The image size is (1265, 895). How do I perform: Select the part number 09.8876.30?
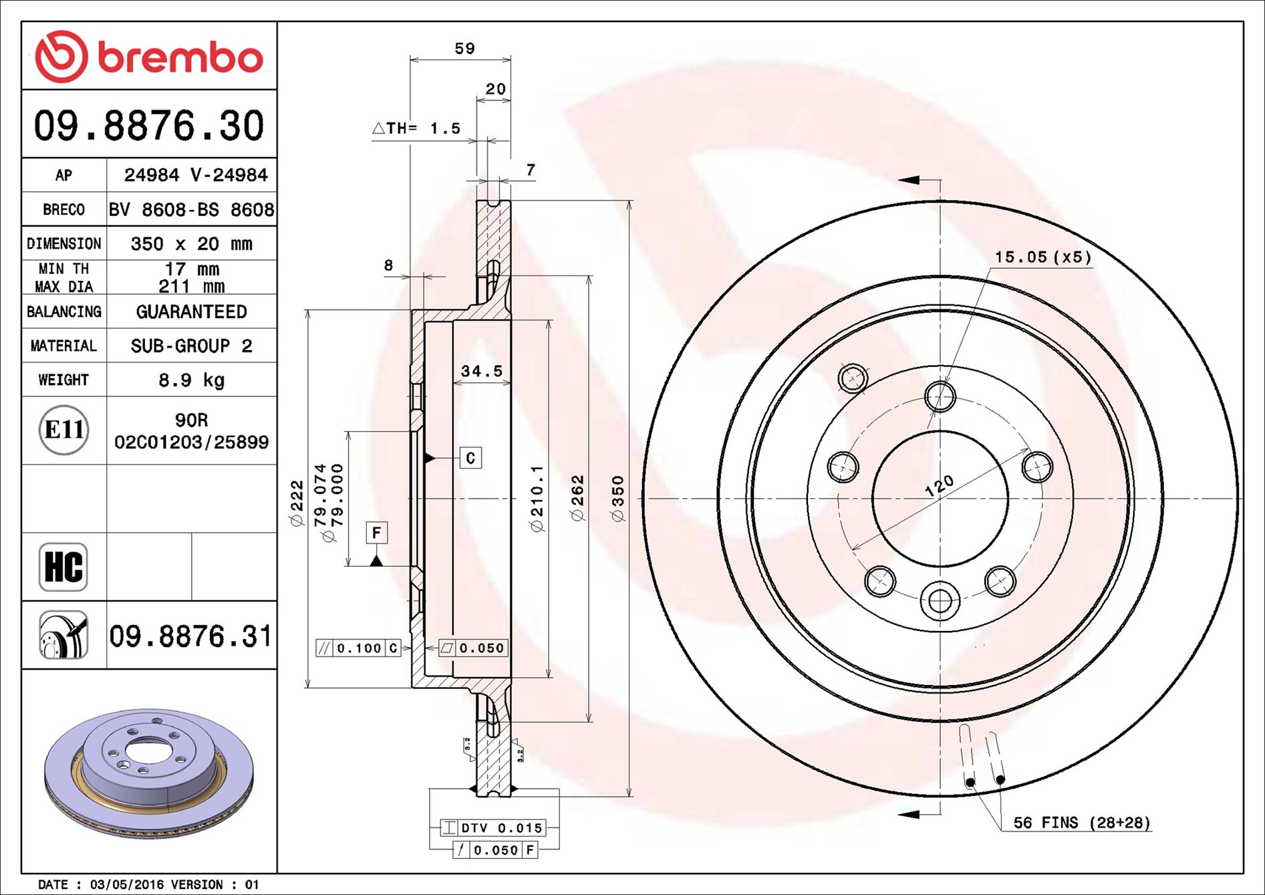point(149,126)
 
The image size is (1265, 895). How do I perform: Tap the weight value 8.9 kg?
point(191,380)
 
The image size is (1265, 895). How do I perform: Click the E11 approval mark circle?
point(63,430)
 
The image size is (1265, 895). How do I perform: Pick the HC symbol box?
point(63,567)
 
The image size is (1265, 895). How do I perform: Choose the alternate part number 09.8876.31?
point(190,636)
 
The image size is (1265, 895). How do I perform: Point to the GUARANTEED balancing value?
point(191,312)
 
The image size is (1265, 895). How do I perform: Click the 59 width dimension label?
point(464,48)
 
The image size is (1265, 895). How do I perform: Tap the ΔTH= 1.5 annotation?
point(416,128)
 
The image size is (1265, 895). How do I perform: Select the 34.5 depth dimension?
point(482,371)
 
